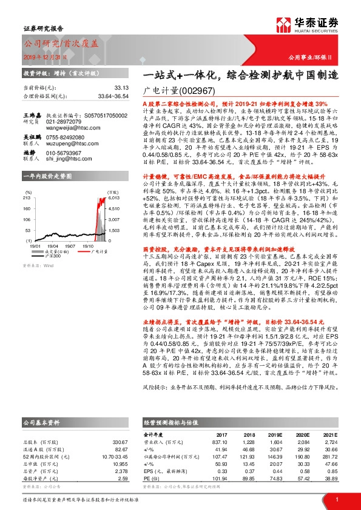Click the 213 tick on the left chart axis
coord(27,197)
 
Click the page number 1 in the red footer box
coord(336,499)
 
